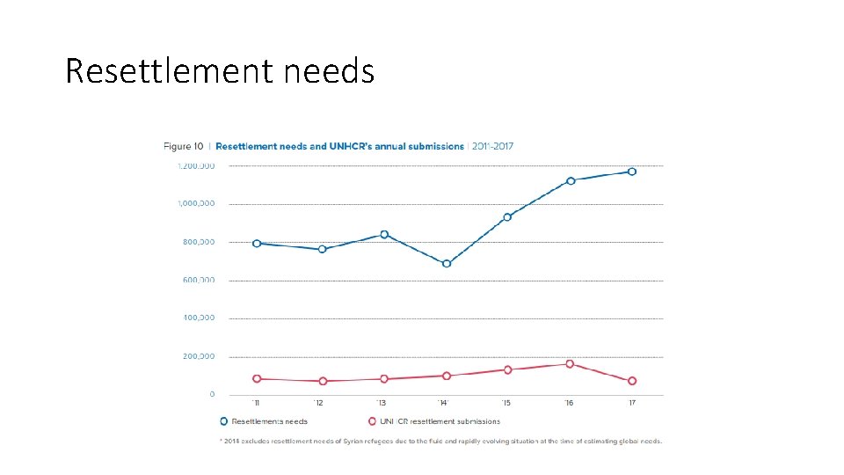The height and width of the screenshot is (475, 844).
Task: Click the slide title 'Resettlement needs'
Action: coord(220,70)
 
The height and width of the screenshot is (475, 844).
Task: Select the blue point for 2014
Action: coord(447,263)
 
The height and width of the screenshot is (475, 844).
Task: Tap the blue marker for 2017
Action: coord(632,172)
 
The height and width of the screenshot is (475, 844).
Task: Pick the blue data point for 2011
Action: coord(257,244)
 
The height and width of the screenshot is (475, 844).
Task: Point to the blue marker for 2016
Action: coord(571,181)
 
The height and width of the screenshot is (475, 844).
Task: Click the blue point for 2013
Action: coord(384,234)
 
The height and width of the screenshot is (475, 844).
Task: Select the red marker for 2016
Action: coord(570,363)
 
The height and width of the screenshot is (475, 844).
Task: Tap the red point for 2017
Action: coord(632,381)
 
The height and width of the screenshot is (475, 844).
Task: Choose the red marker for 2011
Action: coord(257,378)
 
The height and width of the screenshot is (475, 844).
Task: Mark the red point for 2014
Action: coord(447,376)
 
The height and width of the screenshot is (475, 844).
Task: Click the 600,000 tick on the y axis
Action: coord(198,280)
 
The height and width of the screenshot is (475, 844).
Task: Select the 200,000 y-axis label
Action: coord(198,356)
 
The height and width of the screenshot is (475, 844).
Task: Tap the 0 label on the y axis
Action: coord(211,395)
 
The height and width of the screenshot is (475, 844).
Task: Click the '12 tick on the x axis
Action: coord(318,404)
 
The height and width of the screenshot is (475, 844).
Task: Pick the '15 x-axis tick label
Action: coord(506,404)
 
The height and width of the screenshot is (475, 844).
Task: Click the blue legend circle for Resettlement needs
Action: coord(224,421)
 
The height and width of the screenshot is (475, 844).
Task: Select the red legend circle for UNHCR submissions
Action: coord(372,421)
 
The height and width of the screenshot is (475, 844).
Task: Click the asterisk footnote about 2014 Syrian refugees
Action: coord(440,441)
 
